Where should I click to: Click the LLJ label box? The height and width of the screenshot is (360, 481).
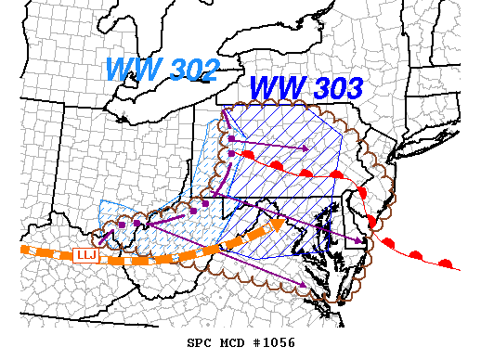pyautogui.click(x=85, y=254)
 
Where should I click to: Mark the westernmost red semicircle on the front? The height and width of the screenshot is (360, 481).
pyautogui.click(x=248, y=153)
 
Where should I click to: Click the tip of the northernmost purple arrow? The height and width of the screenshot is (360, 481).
pyautogui.click(x=305, y=148)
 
